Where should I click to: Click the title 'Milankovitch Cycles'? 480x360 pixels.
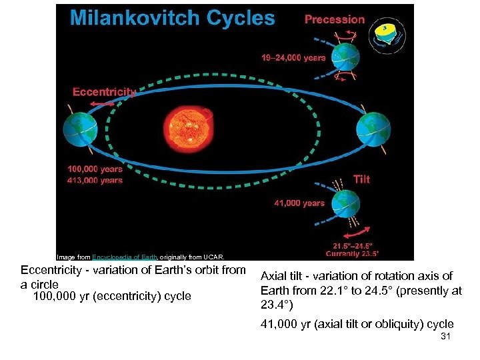point(172,18)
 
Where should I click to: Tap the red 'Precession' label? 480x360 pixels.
point(335,19)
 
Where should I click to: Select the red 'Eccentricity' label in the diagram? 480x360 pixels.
point(104,92)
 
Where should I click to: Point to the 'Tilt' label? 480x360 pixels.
point(361,179)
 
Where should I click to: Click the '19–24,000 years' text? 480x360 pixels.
point(293,58)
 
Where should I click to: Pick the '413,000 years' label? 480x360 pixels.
point(95,180)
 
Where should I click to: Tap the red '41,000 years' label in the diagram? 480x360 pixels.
point(299,203)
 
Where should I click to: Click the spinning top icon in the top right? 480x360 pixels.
point(387,31)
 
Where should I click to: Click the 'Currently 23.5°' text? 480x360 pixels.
point(353,253)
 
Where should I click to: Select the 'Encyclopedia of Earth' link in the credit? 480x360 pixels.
point(124,257)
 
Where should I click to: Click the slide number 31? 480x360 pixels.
point(446,337)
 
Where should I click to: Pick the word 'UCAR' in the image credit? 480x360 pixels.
point(216,257)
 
